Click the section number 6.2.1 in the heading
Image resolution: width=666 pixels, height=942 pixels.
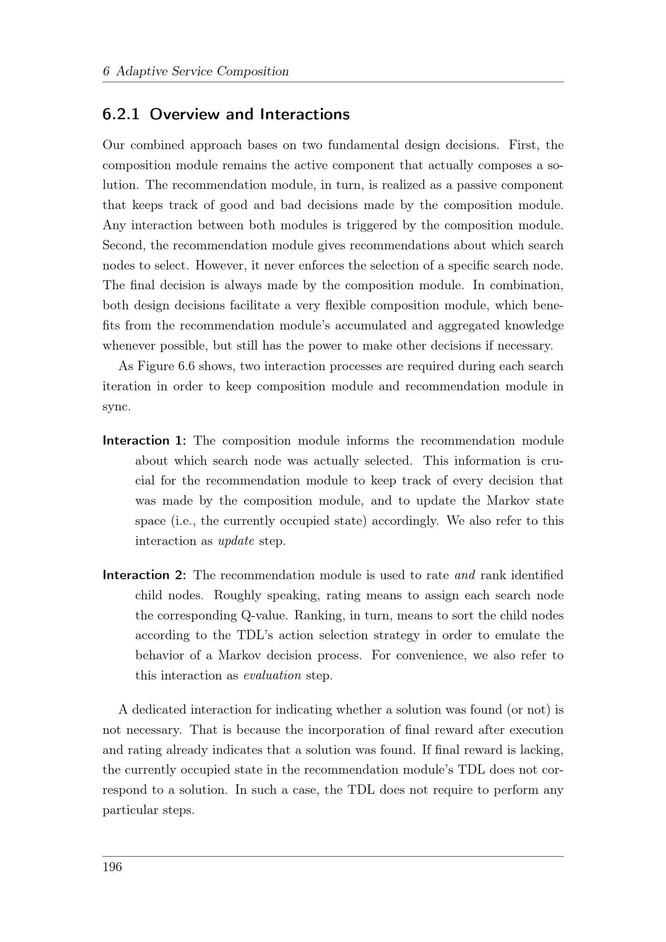pos(120,114)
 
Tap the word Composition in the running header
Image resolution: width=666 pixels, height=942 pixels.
pos(252,72)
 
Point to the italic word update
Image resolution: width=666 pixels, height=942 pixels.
pos(236,542)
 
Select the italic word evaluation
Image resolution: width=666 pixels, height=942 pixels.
pos(272,676)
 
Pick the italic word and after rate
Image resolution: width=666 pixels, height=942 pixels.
pos(465,575)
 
